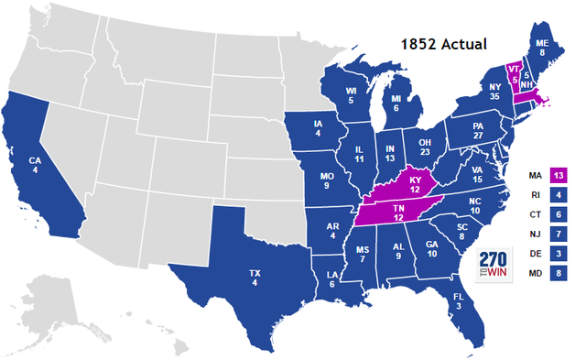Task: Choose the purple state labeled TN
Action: tap(400, 213)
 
